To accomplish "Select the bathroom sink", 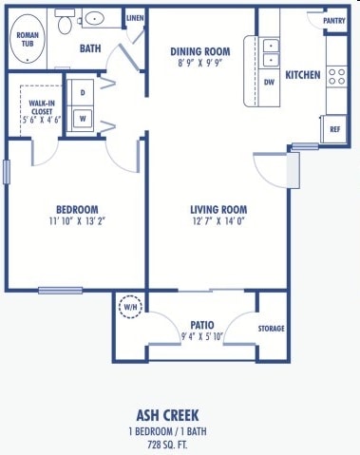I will pyautogui.click(x=95, y=18).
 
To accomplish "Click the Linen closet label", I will pyautogui.click(x=135, y=18).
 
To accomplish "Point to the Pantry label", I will pyautogui.click(x=333, y=20).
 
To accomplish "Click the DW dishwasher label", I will pyautogui.click(x=270, y=82).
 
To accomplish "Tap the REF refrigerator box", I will pyautogui.click(x=335, y=129).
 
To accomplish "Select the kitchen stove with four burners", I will pyautogui.click(x=336, y=75).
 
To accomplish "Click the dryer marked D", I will pyautogui.click(x=83, y=93).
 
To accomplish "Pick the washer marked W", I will pyautogui.click(x=83, y=119).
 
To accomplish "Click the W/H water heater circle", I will pyautogui.click(x=129, y=307).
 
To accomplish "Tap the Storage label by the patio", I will pyautogui.click(x=271, y=329).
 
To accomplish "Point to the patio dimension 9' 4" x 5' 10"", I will pyautogui.click(x=200, y=336).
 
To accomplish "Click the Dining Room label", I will pyautogui.click(x=200, y=51).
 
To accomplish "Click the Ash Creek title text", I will pyautogui.click(x=180, y=414).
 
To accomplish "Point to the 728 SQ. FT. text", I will pyautogui.click(x=180, y=444).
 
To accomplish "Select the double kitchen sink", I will pyautogui.click(x=270, y=52).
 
